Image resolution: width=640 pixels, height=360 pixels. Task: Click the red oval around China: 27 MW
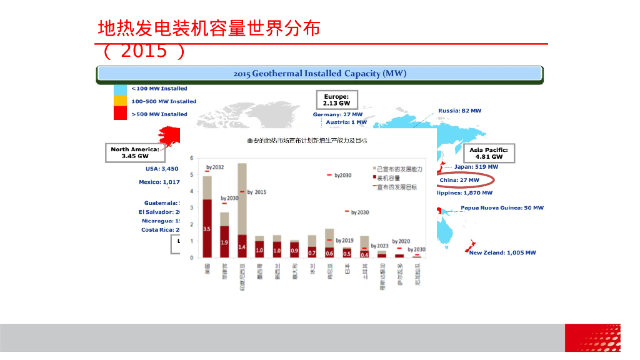pyautogui.click(x=465, y=180)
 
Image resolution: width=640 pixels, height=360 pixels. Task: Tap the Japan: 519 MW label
pyautogui.click(x=476, y=167)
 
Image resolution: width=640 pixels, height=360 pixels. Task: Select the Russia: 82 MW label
pyautogui.click(x=459, y=111)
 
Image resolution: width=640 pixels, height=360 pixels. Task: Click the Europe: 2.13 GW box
pyautogui.click(x=336, y=99)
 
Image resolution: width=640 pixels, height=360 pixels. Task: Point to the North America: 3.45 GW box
pyautogui.click(x=135, y=152)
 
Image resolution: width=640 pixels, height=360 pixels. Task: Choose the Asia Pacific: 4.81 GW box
pyautogui.click(x=488, y=153)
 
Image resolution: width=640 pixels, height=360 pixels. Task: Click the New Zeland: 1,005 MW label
pyautogui.click(x=502, y=252)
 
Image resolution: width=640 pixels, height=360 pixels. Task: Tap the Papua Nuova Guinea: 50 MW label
pyautogui.click(x=502, y=207)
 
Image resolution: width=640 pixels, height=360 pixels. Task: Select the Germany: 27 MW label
pyautogui.click(x=337, y=114)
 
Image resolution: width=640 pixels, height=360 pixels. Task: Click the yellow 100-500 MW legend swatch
pyautogui.click(x=120, y=101)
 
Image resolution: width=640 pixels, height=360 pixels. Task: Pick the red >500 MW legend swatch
pyautogui.click(x=120, y=113)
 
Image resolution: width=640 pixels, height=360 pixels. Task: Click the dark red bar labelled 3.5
pyautogui.click(x=207, y=228)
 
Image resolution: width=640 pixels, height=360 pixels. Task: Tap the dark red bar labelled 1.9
pyautogui.click(x=224, y=241)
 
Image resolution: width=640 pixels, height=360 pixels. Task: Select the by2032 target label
pyautogui.click(x=215, y=167)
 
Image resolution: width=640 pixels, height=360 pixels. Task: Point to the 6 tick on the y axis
pyautogui.click(x=192, y=157)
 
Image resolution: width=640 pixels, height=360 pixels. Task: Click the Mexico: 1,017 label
pyautogui.click(x=159, y=182)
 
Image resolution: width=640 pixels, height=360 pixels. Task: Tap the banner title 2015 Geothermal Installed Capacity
pyautogui.click(x=319, y=74)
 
